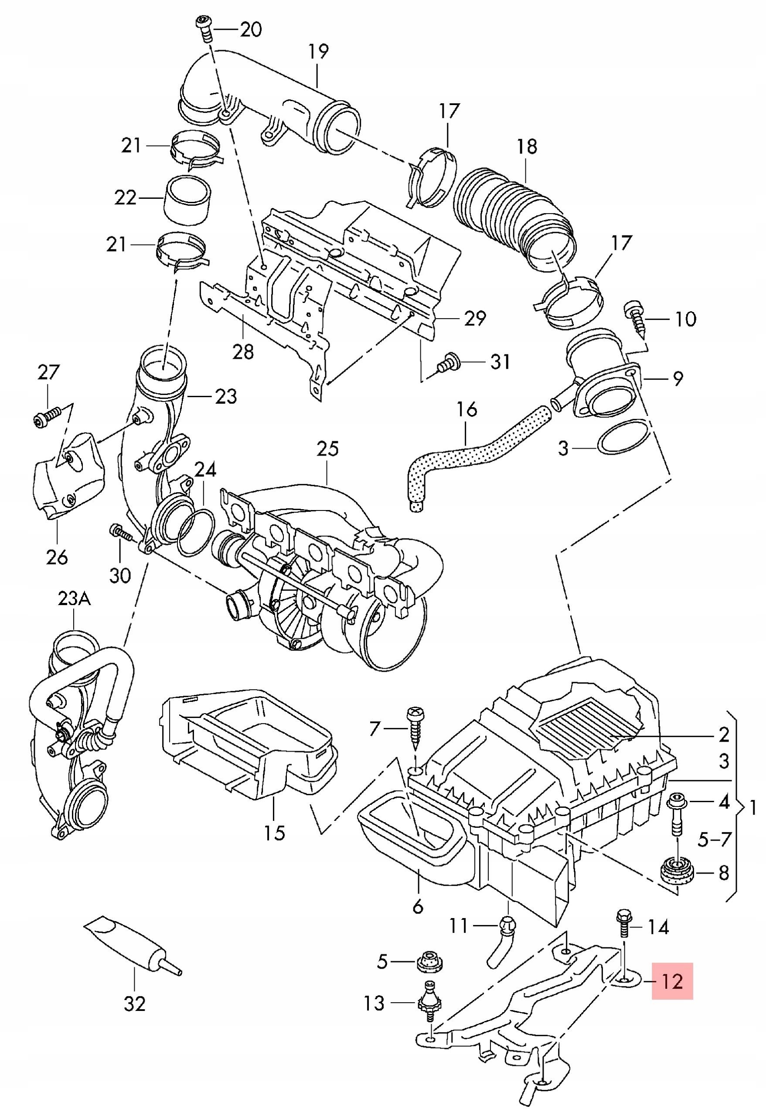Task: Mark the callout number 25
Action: pos(327,449)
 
